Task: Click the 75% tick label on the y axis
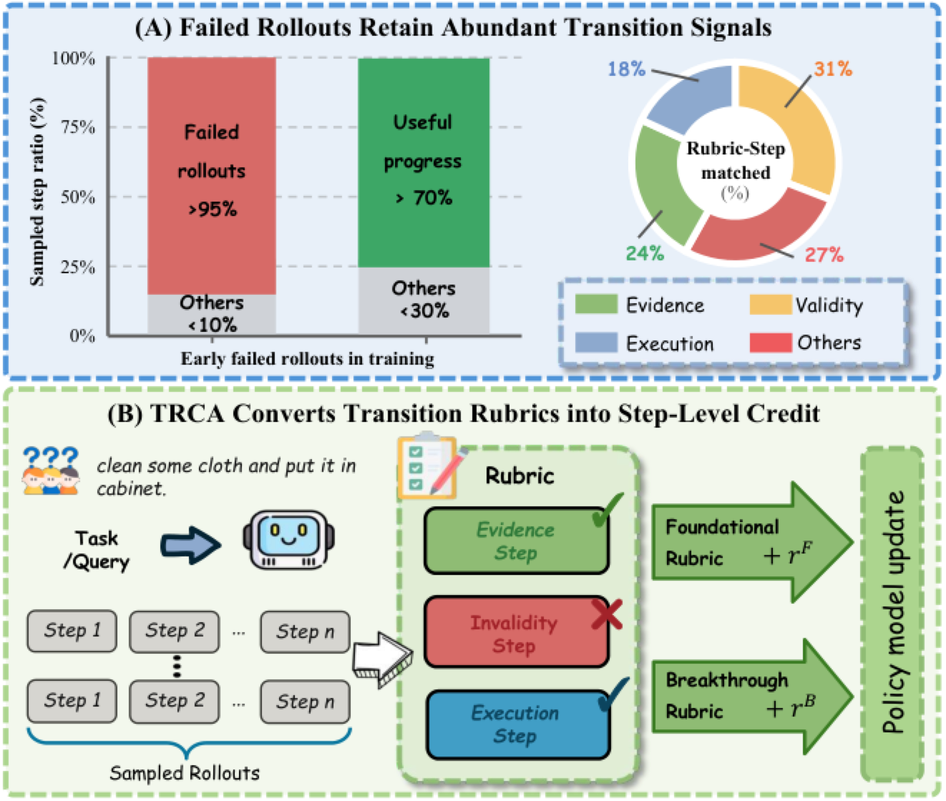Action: [78, 127]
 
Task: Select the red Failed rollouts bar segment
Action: [211, 176]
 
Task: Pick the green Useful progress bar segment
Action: [424, 162]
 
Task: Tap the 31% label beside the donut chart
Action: [833, 69]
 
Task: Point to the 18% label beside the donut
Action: [626, 69]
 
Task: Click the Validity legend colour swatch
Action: [771, 304]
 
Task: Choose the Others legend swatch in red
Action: [771, 342]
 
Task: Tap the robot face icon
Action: [289, 539]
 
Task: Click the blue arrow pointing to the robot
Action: [190, 545]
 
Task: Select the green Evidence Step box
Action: [517, 541]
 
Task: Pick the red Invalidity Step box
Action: [517, 632]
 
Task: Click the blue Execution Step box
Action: [518, 724]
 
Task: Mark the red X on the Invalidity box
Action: [607, 614]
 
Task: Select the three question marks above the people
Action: [50, 456]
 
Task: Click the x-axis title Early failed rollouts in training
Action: [308, 358]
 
